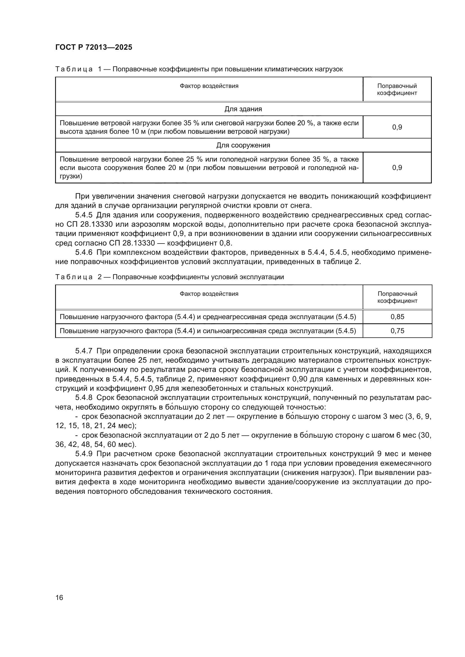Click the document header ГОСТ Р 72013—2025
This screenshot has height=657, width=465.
pos(94,47)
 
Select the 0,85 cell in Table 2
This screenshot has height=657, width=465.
pos(397,317)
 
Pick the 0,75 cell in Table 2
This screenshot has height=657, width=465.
pos(397,331)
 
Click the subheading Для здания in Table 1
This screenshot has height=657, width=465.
pos(243,109)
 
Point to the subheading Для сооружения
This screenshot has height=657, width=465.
pos(243,146)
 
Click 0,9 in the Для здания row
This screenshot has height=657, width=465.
pos(397,127)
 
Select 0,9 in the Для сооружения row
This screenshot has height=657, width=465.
pos(397,167)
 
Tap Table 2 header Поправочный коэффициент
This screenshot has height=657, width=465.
pos(397,297)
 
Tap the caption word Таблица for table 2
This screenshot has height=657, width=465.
pos(74,277)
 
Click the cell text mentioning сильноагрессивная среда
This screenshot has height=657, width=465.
pos(207,331)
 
